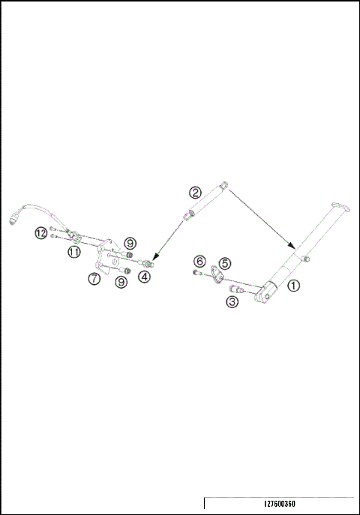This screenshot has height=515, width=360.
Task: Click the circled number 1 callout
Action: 294,286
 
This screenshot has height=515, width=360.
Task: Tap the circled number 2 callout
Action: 195,192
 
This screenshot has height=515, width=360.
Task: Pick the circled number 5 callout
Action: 225,263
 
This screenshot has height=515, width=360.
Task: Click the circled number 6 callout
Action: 199,261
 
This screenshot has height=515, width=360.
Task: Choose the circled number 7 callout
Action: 94,279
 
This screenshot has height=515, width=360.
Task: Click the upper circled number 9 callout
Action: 130,243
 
